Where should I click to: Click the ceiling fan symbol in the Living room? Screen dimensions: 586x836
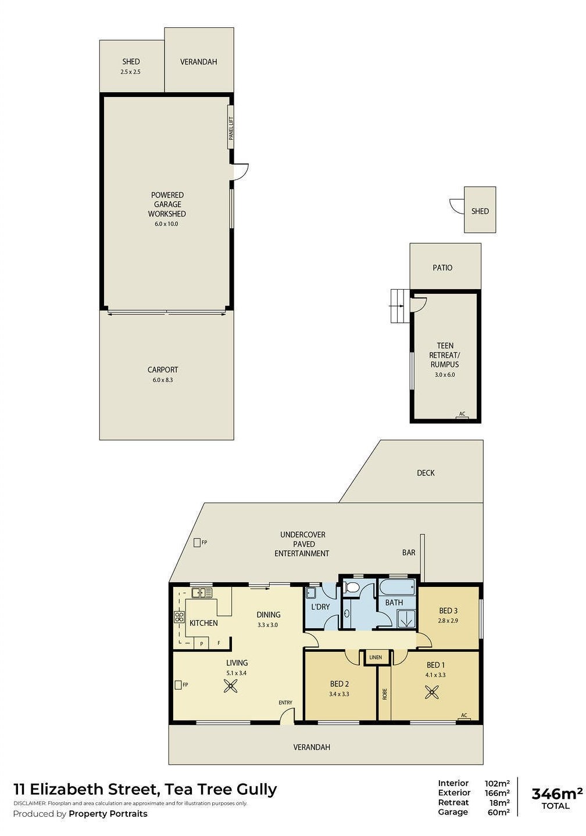[230, 686]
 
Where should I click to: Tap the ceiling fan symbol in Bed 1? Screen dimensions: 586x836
[433, 692]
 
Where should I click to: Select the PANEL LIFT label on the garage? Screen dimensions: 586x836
[231, 128]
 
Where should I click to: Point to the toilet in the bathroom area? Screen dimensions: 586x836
[352, 588]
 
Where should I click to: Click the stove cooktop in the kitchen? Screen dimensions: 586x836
[179, 617]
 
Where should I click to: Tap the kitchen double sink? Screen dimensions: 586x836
[202, 592]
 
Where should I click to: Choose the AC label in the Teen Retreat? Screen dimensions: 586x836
[462, 413]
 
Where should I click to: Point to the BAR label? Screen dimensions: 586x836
[409, 552]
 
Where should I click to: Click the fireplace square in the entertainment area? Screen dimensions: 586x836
[197, 543]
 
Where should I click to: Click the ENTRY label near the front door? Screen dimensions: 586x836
[285, 702]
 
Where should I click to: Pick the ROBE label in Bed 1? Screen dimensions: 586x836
[385, 694]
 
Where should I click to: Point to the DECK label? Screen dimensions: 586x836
[426, 473]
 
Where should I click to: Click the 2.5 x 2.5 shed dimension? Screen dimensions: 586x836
[130, 72]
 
